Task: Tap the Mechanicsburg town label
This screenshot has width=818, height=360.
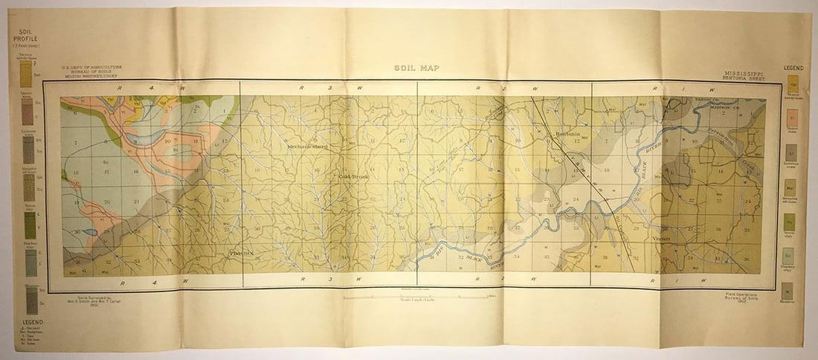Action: coord(308,147)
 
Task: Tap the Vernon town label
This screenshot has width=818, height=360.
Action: coord(661,239)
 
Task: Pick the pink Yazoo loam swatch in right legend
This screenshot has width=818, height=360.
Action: coord(793,118)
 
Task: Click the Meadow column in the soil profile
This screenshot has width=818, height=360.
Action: coord(31,300)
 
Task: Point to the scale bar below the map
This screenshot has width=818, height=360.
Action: coord(416,296)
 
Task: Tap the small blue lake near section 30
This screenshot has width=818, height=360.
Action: coord(90,232)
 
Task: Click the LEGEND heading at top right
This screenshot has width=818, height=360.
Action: coord(793,68)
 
